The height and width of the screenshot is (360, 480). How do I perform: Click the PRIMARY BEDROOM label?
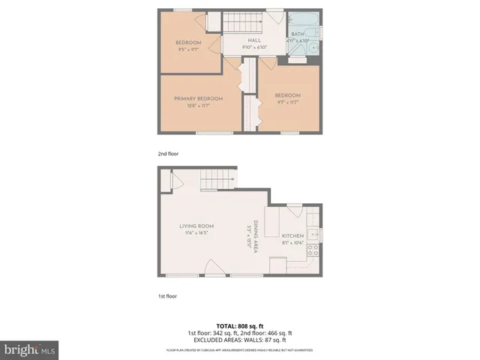click(x=199, y=99)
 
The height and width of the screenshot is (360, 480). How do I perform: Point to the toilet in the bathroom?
click(x=314, y=50)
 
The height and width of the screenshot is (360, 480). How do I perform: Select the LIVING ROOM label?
click(x=196, y=226)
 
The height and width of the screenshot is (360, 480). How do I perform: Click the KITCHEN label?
click(x=292, y=235)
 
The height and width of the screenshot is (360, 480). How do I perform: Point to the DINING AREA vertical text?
click(x=255, y=237)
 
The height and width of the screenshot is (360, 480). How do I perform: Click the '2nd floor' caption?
click(x=168, y=154)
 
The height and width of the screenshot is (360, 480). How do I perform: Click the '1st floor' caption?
click(x=167, y=295)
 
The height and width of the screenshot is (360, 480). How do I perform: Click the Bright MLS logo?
click(x=30, y=349)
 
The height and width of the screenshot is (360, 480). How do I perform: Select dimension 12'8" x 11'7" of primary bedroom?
click(x=199, y=106)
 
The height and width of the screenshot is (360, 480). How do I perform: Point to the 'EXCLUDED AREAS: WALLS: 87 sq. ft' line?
click(x=239, y=340)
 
